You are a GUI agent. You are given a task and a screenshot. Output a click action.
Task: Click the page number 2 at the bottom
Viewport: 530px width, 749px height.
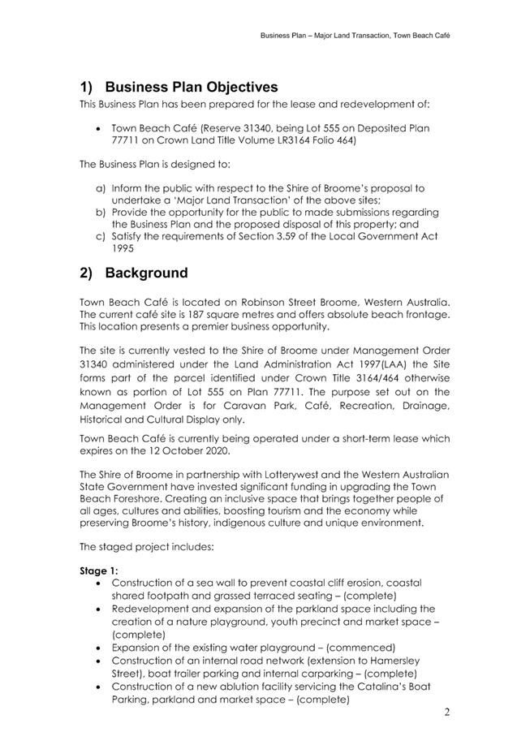tap(447, 712)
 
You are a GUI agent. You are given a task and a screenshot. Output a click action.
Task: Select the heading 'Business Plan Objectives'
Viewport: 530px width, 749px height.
tap(191, 87)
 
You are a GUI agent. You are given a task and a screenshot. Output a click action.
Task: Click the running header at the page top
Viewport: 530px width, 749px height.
tap(355, 36)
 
